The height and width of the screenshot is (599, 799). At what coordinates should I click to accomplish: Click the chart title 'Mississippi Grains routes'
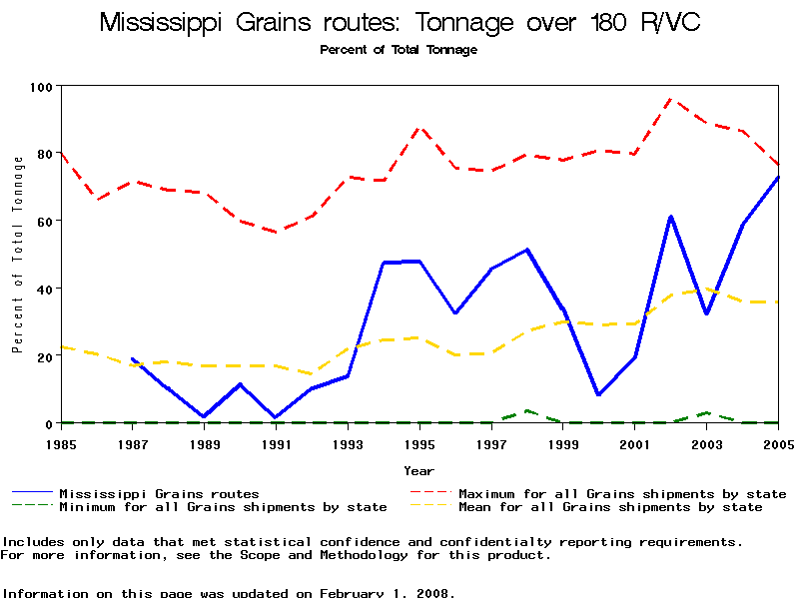(399, 23)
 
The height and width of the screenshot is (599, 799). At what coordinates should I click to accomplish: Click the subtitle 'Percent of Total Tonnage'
(399, 50)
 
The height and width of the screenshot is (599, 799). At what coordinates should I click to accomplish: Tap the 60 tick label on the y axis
(42, 221)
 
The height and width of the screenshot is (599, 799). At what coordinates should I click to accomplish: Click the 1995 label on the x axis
(419, 442)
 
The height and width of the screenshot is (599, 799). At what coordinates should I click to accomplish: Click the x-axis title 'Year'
(419, 470)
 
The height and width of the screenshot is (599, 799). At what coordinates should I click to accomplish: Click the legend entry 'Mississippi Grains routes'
(159, 493)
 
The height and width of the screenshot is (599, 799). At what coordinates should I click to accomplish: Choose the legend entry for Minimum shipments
(223, 507)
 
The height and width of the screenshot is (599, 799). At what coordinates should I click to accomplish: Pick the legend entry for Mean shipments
(609, 507)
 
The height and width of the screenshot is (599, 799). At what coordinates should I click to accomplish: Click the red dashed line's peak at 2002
(671, 98)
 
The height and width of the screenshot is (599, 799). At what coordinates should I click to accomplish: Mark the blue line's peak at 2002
(671, 216)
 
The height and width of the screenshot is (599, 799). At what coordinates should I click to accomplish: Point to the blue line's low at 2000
(599, 394)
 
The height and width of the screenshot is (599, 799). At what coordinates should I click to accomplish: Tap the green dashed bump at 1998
(527, 410)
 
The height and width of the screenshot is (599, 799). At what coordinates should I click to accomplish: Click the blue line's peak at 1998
(527, 250)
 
